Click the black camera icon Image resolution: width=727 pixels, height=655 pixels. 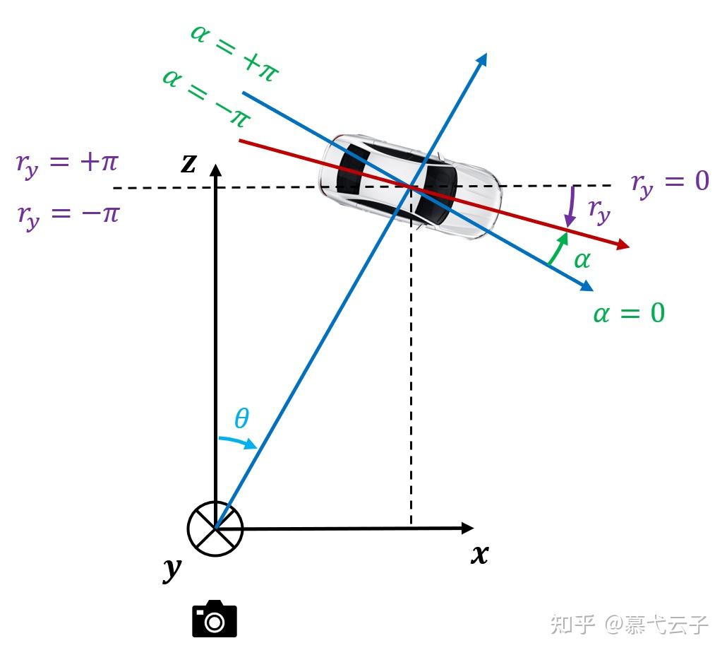point(215,620)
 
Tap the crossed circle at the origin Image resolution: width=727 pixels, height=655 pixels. point(215,529)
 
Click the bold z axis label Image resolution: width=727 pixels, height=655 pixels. point(188,163)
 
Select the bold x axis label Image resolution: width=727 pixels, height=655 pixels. point(480,555)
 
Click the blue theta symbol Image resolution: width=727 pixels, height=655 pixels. point(241,419)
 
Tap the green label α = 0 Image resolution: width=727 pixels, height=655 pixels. point(629,312)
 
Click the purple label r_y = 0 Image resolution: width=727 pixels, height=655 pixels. point(670,183)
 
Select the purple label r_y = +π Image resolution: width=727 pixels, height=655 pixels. point(66,164)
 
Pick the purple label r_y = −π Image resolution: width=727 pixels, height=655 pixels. point(68,213)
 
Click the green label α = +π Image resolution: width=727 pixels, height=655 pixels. point(236,52)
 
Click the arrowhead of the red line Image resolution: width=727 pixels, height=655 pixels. point(622,245)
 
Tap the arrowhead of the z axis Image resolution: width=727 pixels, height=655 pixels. point(215,170)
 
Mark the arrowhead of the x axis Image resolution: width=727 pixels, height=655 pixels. point(467,528)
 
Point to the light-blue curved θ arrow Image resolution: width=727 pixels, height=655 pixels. point(239,442)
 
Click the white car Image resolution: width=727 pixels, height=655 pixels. point(411,186)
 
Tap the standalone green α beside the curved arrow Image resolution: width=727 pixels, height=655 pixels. point(582,261)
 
